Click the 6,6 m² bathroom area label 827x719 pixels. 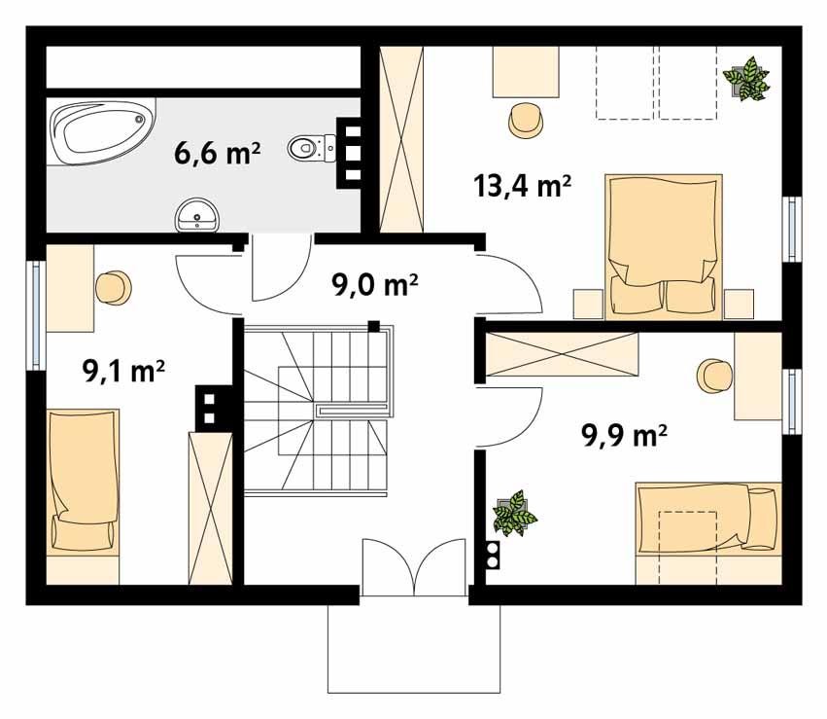217,154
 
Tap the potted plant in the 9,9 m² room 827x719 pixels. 514,513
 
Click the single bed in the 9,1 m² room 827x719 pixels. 83,494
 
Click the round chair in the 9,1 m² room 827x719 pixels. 113,288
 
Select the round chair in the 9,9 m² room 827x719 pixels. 714,375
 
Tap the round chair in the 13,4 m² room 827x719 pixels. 526,120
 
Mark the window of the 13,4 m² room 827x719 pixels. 793,229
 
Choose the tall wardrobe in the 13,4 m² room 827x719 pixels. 402,137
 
